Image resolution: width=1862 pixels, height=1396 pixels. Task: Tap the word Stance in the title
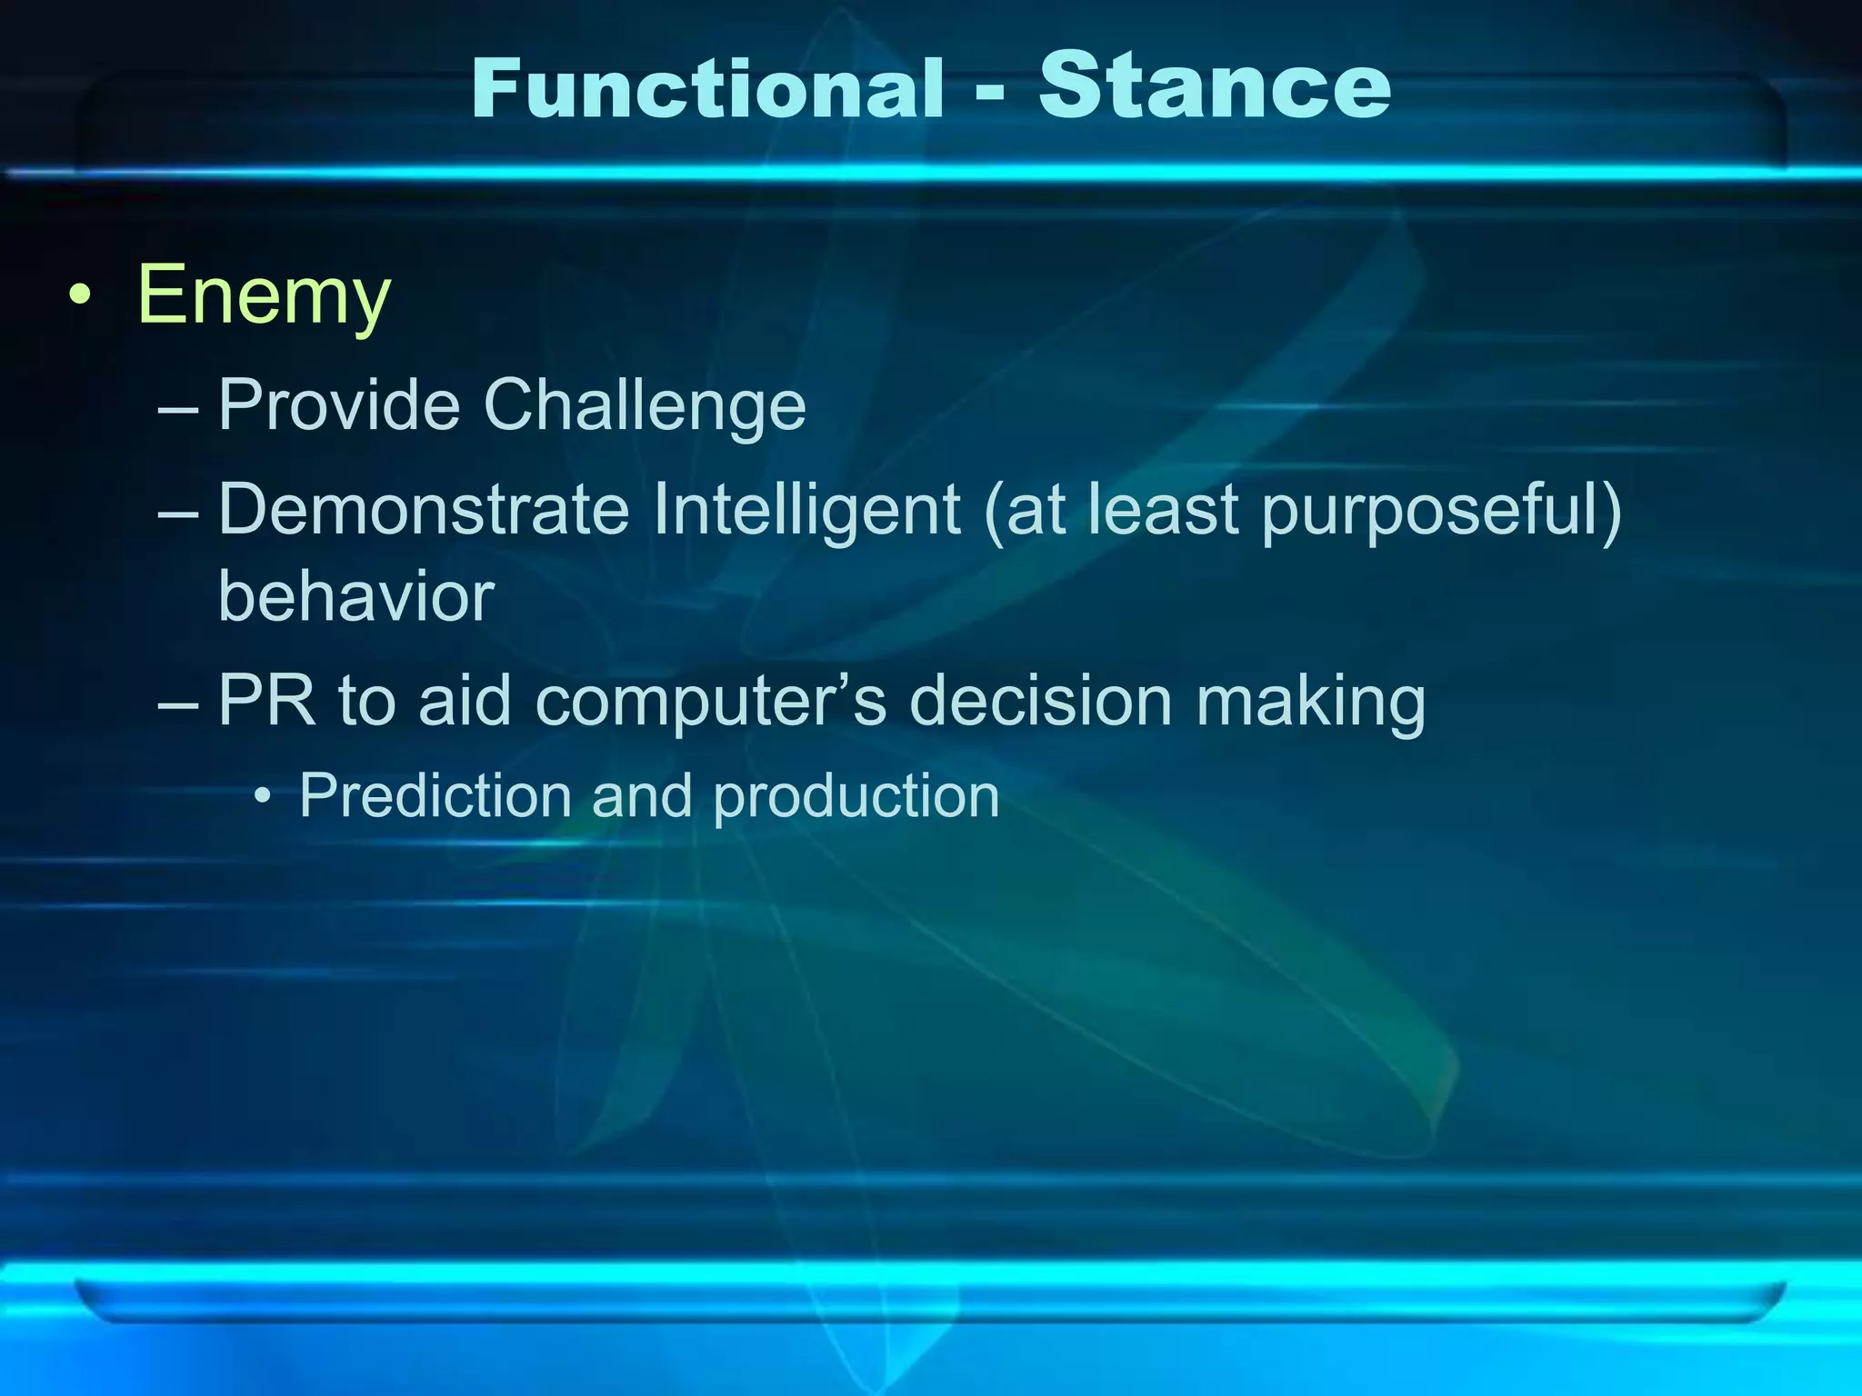1215,86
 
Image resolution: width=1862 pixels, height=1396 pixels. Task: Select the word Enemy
264,295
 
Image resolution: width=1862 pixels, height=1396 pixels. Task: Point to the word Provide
338,404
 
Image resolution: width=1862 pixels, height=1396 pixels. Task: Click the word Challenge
645,404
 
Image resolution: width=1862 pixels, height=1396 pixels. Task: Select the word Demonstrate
423,510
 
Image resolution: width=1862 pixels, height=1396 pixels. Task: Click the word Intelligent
806,510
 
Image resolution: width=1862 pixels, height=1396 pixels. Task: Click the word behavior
355,597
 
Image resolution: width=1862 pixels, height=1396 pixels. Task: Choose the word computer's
709,703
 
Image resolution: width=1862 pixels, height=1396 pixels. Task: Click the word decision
1040,701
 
